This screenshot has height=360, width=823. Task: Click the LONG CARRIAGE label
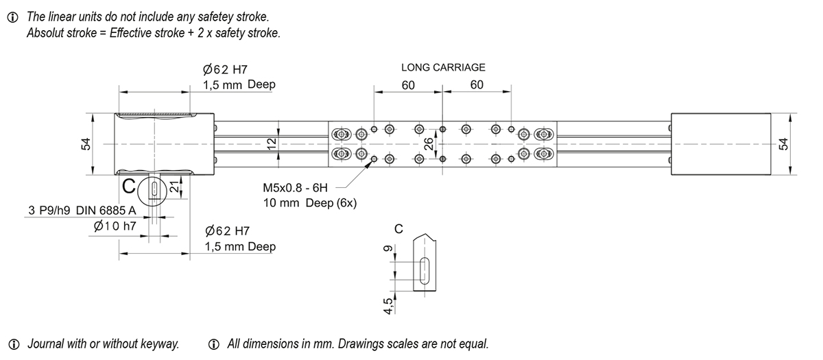[443, 67]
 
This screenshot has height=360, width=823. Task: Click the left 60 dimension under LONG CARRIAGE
[409, 85]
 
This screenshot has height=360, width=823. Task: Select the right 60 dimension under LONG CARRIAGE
[477, 85]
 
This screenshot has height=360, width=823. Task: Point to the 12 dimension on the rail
[272, 143]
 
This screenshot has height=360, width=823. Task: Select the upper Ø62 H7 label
[225, 69]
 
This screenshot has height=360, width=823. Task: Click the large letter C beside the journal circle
[128, 186]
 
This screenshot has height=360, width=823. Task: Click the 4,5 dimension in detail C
[388, 304]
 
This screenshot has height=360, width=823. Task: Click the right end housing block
[720, 144]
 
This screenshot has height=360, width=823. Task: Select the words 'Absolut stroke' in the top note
[56, 32]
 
